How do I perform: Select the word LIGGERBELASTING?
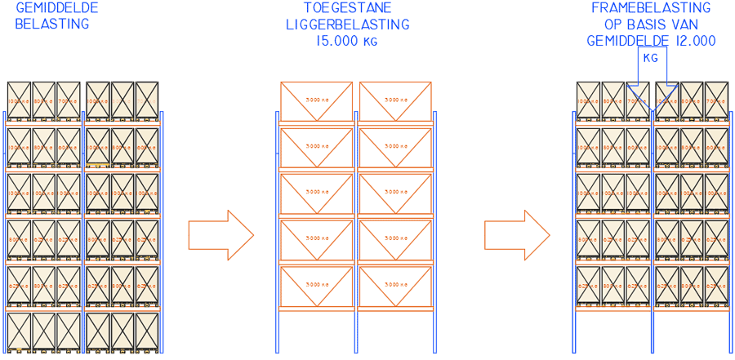[x=347, y=24]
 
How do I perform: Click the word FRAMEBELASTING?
[x=651, y=8]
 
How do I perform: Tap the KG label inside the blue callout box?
[x=651, y=58]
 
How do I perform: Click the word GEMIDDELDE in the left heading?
[x=57, y=8]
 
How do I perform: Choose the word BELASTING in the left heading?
[x=51, y=24]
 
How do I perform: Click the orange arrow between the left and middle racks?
[x=220, y=235]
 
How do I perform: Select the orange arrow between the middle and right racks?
[x=517, y=235]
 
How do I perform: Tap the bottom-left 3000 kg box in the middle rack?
[x=317, y=285]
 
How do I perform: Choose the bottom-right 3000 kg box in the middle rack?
[x=396, y=285]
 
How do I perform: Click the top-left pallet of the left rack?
[x=19, y=101]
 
